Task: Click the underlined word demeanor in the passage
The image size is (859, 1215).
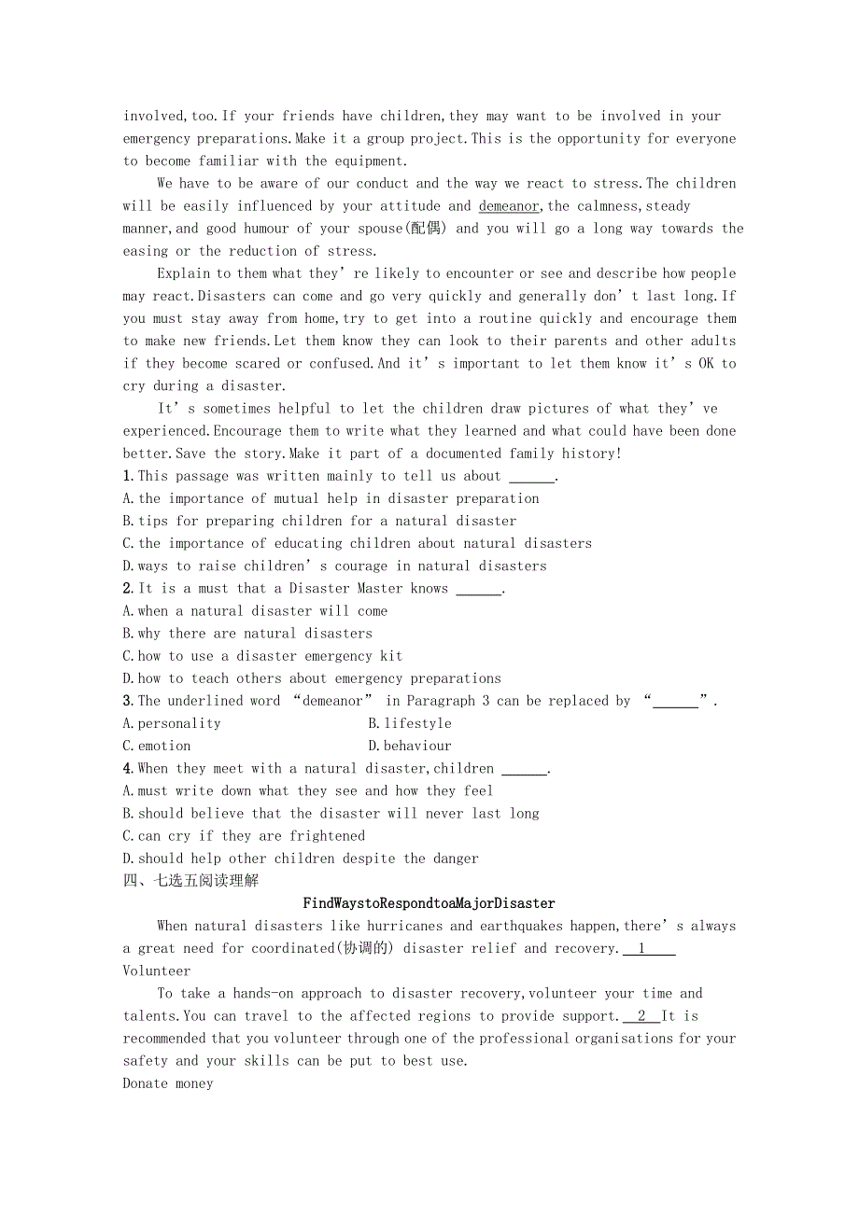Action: pos(509,206)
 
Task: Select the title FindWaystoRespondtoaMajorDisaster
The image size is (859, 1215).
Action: pos(429,903)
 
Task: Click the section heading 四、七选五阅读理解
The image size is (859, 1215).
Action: pos(190,881)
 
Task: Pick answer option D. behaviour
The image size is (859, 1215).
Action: pos(410,746)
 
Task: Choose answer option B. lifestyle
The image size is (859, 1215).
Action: pos(410,723)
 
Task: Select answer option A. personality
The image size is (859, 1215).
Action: pos(172,723)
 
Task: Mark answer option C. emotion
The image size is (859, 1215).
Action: pos(157,746)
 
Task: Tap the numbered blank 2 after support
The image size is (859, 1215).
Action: pos(641,1016)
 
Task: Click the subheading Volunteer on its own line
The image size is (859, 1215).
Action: pos(157,971)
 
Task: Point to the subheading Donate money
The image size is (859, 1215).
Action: pos(168,1083)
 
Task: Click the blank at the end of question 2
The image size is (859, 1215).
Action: pos(478,589)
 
